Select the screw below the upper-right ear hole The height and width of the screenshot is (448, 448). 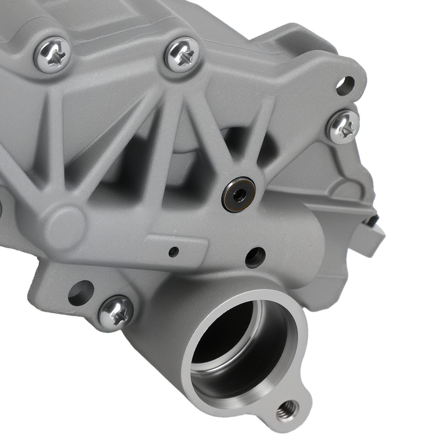(x=343, y=126)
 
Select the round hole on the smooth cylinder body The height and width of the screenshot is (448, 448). (x=255, y=257)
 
